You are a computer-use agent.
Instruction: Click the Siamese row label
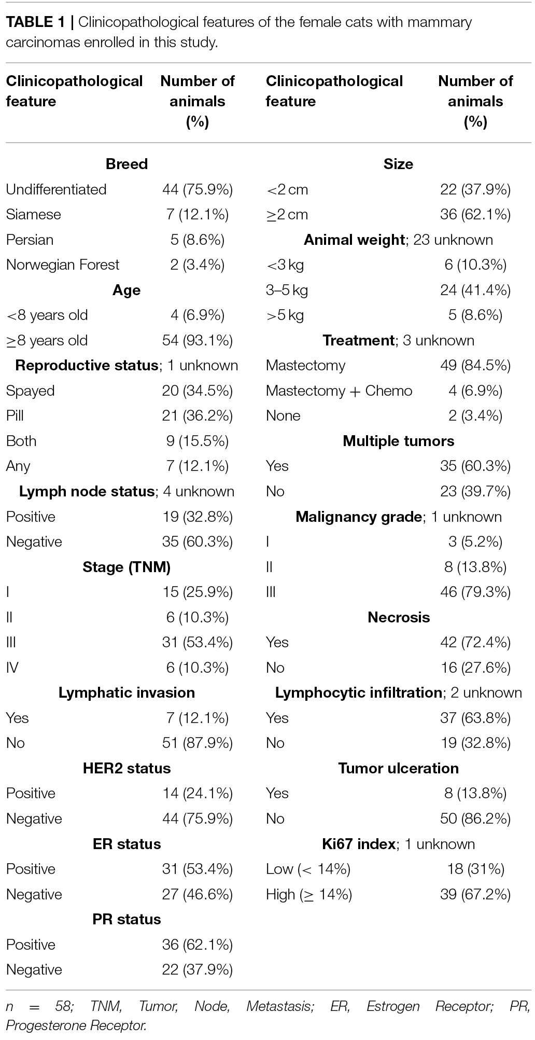[33, 214]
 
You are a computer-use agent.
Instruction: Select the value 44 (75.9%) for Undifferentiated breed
[198, 189]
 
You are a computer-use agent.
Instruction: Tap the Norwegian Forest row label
[63, 265]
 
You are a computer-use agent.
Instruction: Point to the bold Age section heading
[126, 290]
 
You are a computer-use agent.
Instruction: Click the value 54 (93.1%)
[198, 340]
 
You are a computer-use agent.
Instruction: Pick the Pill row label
[15, 415]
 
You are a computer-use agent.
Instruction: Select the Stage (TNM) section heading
[126, 567]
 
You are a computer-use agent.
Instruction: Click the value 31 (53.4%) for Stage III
[198, 642]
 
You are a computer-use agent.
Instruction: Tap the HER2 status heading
[126, 768]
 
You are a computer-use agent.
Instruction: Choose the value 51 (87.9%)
[198, 743]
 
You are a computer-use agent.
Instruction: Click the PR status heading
[126, 919]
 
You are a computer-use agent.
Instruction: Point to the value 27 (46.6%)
[198, 894]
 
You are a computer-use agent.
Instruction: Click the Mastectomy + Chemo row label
[339, 391]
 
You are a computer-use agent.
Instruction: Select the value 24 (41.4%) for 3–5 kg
[475, 290]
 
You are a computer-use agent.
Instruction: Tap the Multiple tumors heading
[399, 441]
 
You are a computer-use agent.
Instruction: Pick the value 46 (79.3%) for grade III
[475, 592]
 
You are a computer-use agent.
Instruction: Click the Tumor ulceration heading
[399, 768]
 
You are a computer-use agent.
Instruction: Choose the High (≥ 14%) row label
[309, 894]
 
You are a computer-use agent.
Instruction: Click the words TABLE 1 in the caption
[35, 22]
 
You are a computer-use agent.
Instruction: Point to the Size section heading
[399, 164]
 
